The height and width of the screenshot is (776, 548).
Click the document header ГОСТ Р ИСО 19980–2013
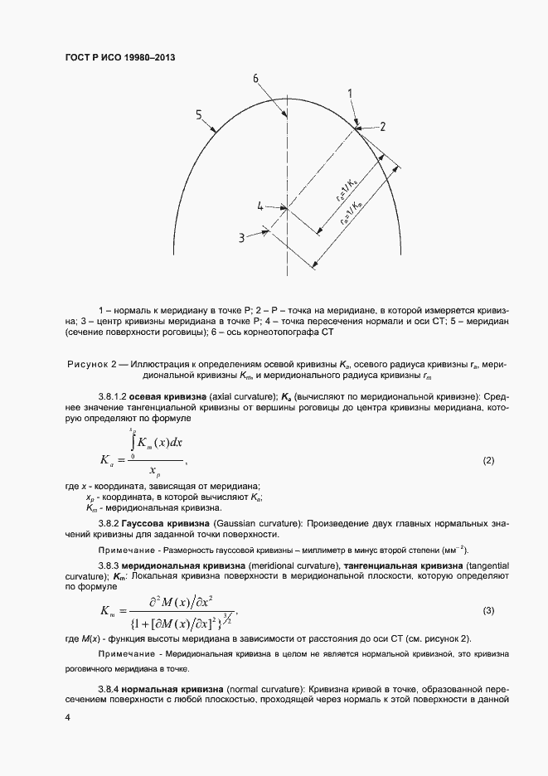tap(120, 58)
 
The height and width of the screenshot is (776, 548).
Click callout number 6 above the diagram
tap(256, 78)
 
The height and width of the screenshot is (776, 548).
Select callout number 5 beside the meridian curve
tap(199, 114)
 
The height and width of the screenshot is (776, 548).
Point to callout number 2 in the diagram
tap(383, 126)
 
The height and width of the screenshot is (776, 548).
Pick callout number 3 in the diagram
tap(241, 237)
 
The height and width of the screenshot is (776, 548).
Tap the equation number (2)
tap(488, 459)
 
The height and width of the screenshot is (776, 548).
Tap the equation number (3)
tap(488, 610)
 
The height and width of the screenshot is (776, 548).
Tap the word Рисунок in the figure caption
tap(87, 365)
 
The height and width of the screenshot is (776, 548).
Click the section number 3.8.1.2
tap(110, 395)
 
